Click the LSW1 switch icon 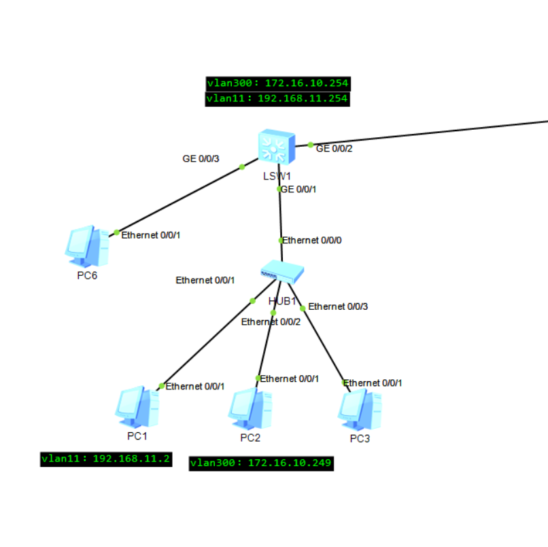click(x=277, y=147)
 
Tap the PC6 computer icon click(x=88, y=247)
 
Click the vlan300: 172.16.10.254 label click(x=277, y=83)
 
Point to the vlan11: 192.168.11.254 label click(x=277, y=99)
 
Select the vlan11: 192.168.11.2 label click(x=105, y=459)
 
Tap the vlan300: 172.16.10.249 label click(x=261, y=463)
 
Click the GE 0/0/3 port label click(x=201, y=158)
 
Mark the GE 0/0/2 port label click(x=335, y=148)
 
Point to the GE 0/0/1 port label click(x=298, y=190)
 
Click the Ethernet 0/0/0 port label click(x=312, y=240)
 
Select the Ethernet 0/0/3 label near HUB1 click(x=338, y=306)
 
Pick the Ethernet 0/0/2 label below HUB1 click(x=271, y=321)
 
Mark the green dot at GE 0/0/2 click(x=311, y=145)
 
